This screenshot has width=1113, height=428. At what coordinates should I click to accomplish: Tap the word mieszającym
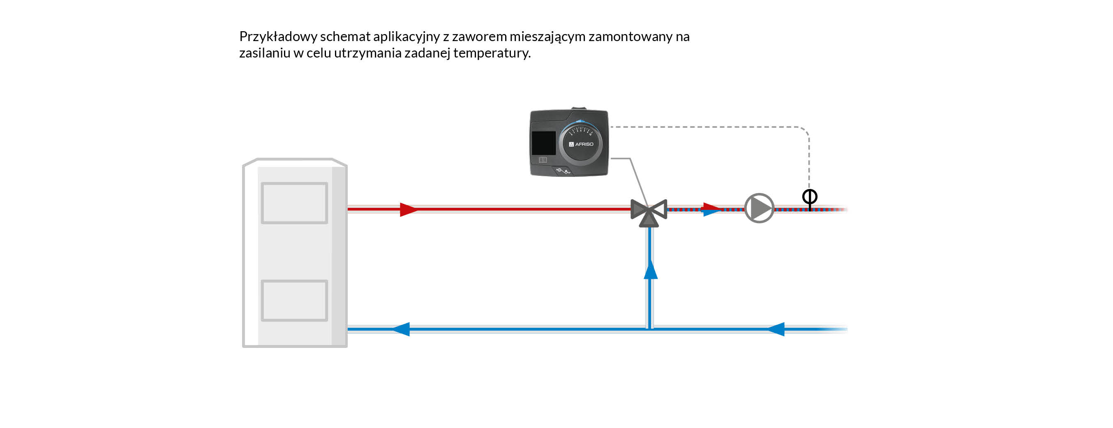[x=547, y=37]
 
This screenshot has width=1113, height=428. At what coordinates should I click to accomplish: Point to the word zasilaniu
[x=264, y=53]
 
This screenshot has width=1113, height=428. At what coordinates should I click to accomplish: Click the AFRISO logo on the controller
[x=581, y=144]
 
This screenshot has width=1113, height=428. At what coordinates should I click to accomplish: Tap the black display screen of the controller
[x=543, y=143]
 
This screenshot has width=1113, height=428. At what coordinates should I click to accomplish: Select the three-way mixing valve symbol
[x=649, y=211]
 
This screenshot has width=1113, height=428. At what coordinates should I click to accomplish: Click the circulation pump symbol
[x=759, y=208]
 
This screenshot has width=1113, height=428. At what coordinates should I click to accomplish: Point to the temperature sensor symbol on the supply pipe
[x=809, y=198]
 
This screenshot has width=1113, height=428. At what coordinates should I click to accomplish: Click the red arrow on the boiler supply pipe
[x=408, y=209]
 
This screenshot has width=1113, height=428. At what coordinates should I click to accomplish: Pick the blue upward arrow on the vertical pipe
[x=651, y=270]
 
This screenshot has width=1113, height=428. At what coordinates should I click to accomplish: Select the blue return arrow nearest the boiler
[x=401, y=329]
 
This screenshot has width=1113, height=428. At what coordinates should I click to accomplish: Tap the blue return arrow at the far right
[x=775, y=329]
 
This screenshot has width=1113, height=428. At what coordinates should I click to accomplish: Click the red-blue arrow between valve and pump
[x=711, y=209]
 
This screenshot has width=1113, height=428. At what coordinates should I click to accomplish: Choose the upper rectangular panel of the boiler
[x=294, y=203]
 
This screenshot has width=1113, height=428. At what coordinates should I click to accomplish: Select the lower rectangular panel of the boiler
[x=294, y=301]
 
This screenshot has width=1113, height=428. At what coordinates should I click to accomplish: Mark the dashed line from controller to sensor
[x=709, y=127]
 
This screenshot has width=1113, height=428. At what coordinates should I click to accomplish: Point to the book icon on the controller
[x=543, y=160]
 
